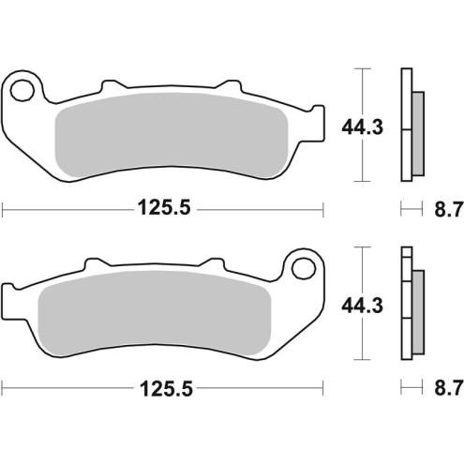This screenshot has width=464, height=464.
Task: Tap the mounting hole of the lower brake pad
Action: (x=302, y=269)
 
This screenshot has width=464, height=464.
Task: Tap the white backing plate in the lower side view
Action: (x=406, y=309)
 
